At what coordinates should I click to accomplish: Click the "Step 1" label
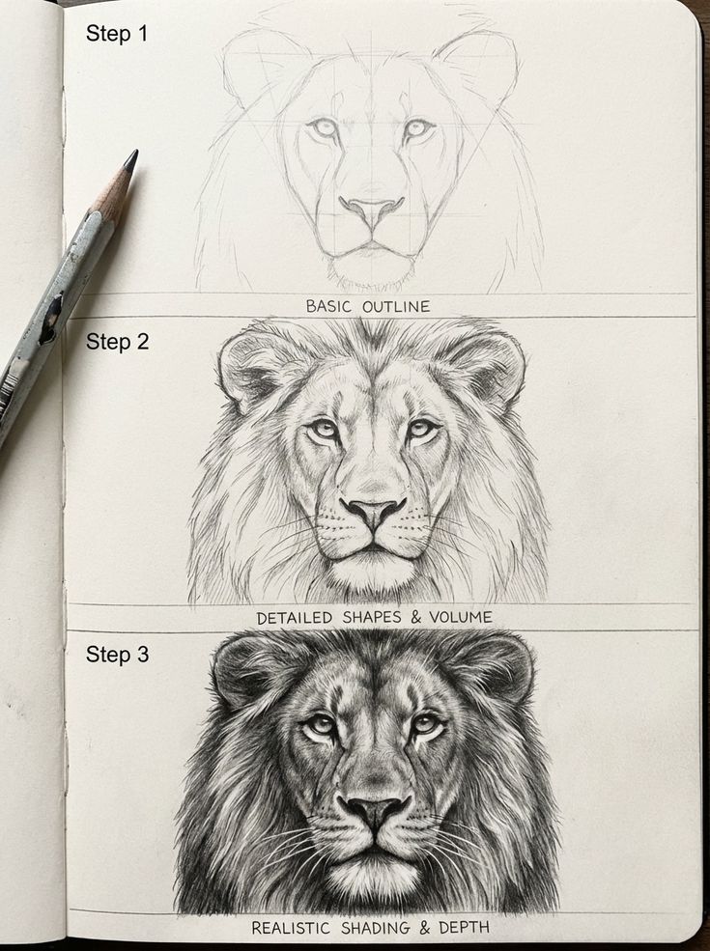tap(117, 33)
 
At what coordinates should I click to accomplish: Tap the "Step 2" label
tap(117, 342)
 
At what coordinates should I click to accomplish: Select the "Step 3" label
tap(117, 655)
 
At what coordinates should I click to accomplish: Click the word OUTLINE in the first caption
tap(396, 306)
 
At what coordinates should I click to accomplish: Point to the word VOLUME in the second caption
tap(461, 617)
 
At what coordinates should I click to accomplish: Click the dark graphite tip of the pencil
tap(130, 159)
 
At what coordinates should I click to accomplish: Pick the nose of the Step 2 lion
tap(373, 510)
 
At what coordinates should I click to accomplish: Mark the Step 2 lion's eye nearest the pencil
tap(323, 429)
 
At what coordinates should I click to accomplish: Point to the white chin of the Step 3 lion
tap(374, 877)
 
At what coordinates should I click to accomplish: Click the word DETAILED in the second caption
tap(295, 618)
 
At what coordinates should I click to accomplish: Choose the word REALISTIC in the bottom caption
tap(291, 928)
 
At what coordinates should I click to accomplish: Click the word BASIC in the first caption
tap(328, 306)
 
